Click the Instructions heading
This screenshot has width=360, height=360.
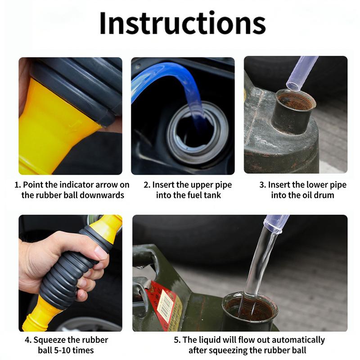pos(183,23)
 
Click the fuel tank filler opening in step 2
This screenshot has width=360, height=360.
pos(198,133)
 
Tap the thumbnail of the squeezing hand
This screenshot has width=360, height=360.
pos(70,273)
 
